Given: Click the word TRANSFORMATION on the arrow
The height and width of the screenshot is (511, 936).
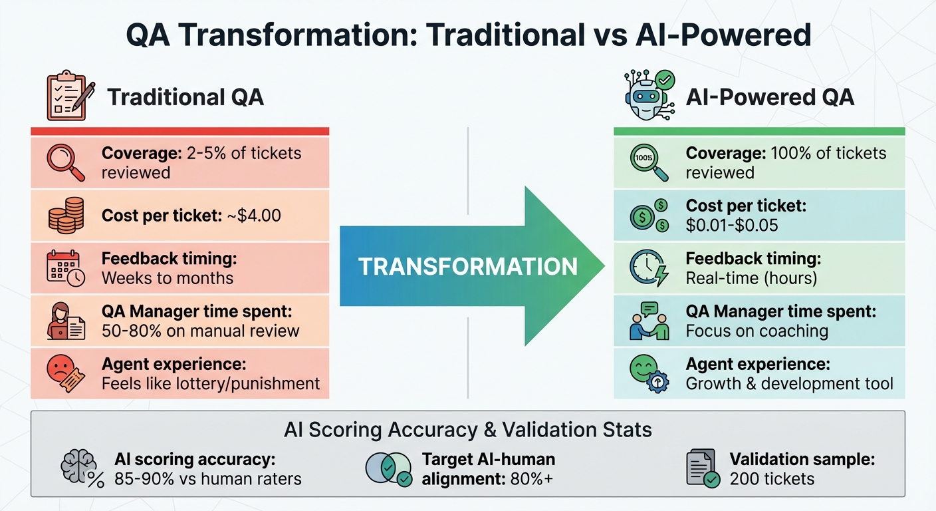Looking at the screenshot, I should pyautogui.click(x=468, y=267).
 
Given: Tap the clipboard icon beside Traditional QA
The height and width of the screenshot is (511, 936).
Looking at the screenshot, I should pyautogui.click(x=67, y=97).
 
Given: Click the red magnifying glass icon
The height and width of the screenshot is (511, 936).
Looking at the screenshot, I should pyautogui.click(x=65, y=163).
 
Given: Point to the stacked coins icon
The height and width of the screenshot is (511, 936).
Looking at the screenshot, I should pyautogui.click(x=65, y=216).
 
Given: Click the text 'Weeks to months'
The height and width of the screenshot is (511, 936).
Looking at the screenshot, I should pyautogui.click(x=168, y=278).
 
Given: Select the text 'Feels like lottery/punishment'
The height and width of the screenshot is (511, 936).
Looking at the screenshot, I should pyautogui.click(x=211, y=384).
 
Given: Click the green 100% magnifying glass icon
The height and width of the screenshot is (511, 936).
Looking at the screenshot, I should pyautogui.click(x=648, y=163).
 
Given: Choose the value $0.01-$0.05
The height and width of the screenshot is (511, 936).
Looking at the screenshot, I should pyautogui.click(x=731, y=226).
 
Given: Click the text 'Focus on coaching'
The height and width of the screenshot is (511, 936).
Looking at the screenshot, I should pyautogui.click(x=757, y=331).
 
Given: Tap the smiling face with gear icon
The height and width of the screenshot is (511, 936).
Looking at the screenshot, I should pyautogui.click(x=647, y=373).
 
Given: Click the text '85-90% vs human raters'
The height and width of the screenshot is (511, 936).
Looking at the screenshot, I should pyautogui.click(x=207, y=478).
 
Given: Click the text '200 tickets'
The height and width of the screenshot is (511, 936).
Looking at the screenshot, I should pyautogui.click(x=771, y=478).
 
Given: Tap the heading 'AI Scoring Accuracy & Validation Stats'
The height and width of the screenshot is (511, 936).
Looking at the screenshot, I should pyautogui.click(x=467, y=429).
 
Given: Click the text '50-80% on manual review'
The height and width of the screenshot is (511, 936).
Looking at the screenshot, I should pyautogui.click(x=200, y=331).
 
